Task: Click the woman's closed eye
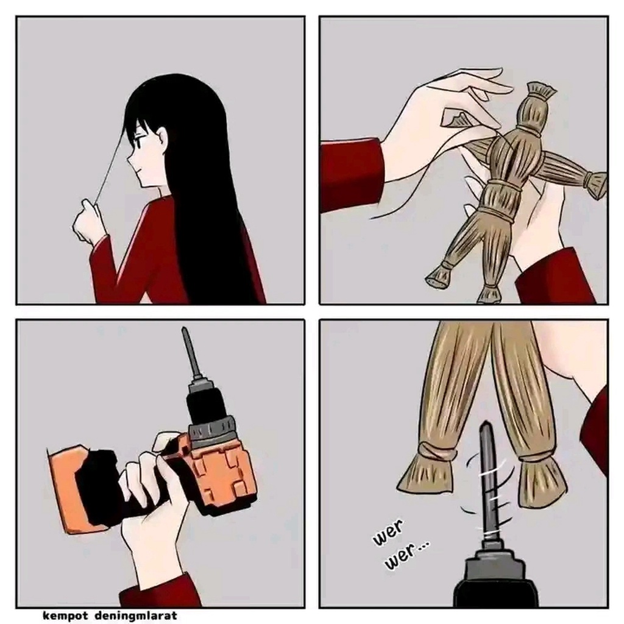[140, 140]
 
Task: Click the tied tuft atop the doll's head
[542, 90]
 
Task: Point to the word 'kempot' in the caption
[65, 615]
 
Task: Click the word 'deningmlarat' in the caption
[136, 615]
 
